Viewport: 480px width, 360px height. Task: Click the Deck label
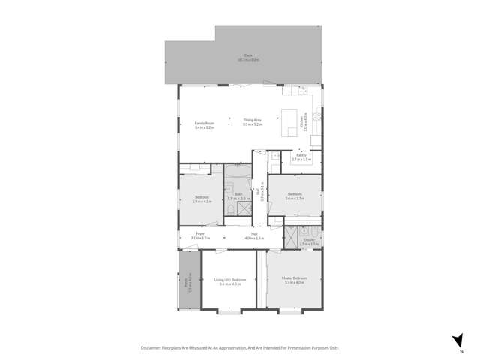[x=247, y=57]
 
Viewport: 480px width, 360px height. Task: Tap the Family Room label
[x=205, y=124]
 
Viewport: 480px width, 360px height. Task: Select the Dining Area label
[x=252, y=122]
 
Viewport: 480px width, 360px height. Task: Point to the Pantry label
[x=301, y=157]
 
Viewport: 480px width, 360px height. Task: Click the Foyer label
[x=200, y=235]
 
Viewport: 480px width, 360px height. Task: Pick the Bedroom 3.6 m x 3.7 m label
[x=295, y=197]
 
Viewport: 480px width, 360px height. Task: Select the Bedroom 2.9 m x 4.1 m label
[x=199, y=199]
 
